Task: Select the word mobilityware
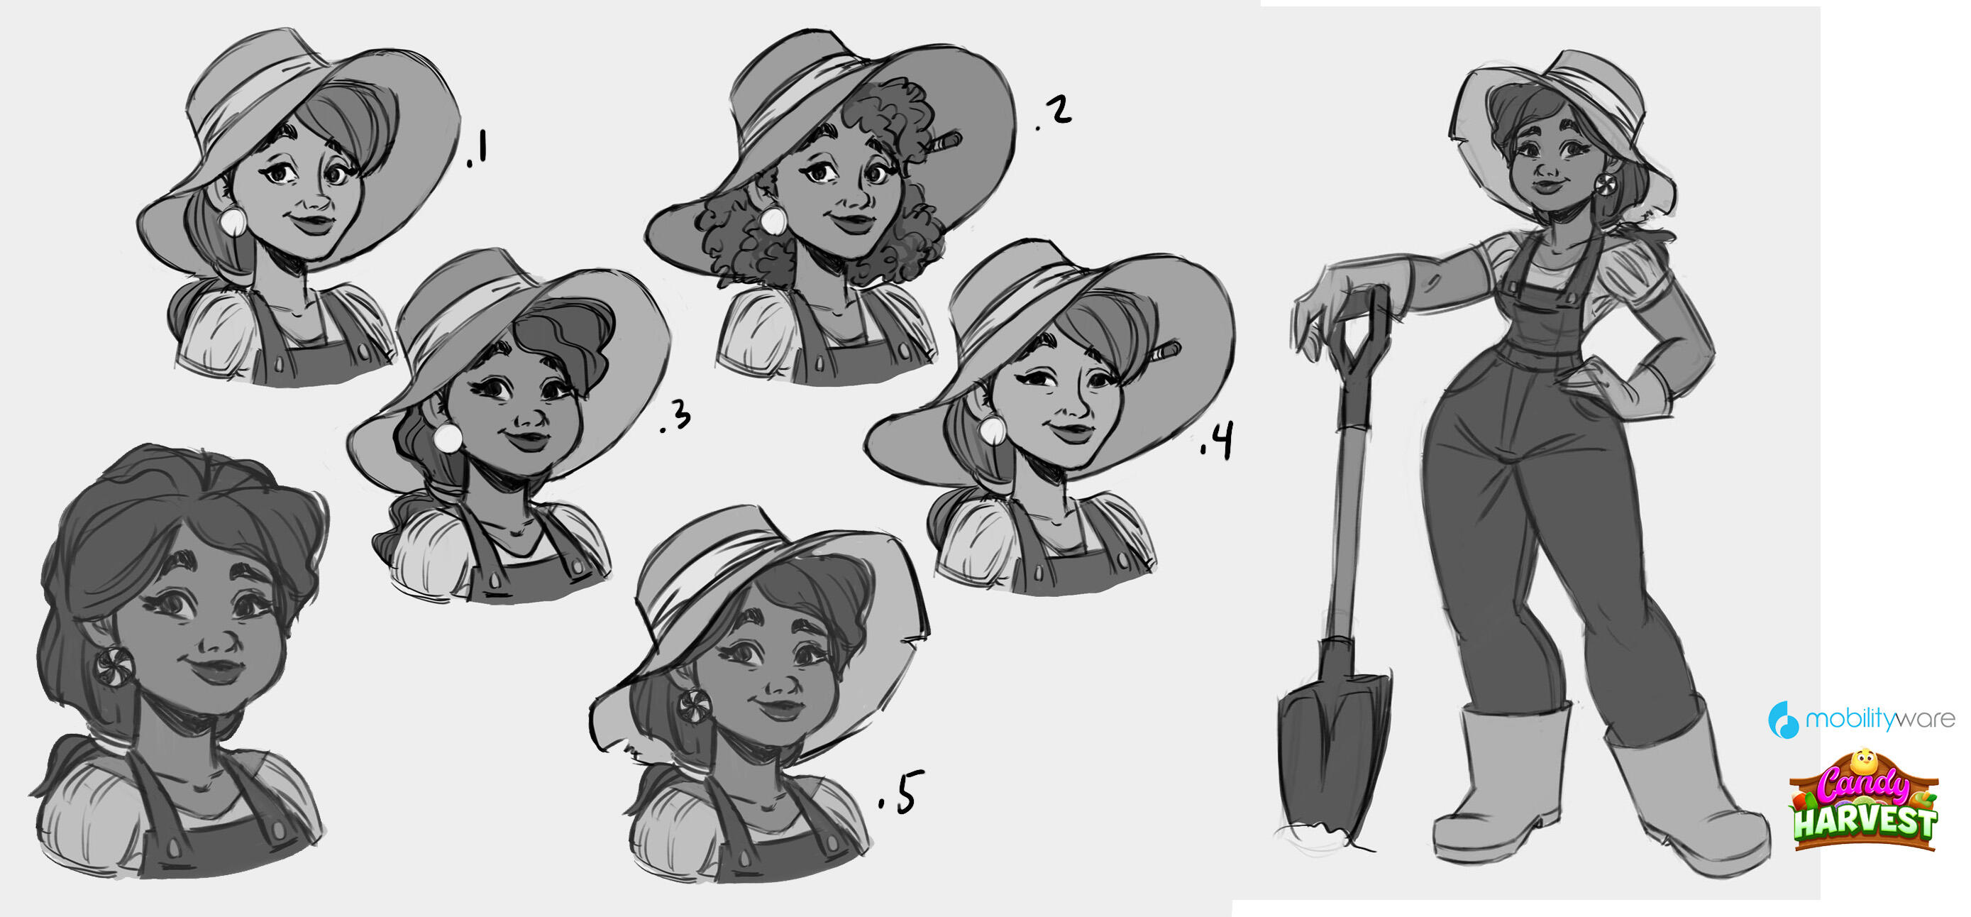tap(1880, 719)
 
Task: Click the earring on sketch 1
tap(233, 221)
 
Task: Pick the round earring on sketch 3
tap(448, 438)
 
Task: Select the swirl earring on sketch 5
tap(695, 703)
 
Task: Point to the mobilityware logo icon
tap(1784, 720)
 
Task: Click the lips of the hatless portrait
tap(216, 669)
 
